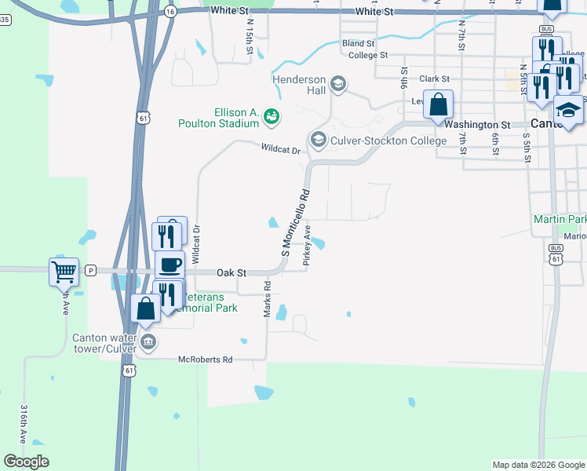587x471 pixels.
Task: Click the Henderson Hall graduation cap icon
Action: coord(339,83)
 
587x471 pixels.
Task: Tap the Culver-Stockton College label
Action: coord(388,141)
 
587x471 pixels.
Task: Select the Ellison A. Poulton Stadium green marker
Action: coord(272,116)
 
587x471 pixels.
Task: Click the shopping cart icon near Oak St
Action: coord(64,272)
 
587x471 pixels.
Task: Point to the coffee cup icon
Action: coord(170,265)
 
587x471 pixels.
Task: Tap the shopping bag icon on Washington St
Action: coord(439,104)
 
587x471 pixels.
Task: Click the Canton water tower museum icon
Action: coord(148,342)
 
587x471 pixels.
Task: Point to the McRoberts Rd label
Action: coord(206,360)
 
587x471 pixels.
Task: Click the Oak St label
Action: coord(232,272)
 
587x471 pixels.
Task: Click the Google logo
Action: coord(26,462)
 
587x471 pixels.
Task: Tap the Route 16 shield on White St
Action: coord(170,12)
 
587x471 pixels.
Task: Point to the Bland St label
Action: coord(359,44)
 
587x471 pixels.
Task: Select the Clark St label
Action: coord(434,79)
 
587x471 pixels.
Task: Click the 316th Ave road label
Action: coord(24,424)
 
